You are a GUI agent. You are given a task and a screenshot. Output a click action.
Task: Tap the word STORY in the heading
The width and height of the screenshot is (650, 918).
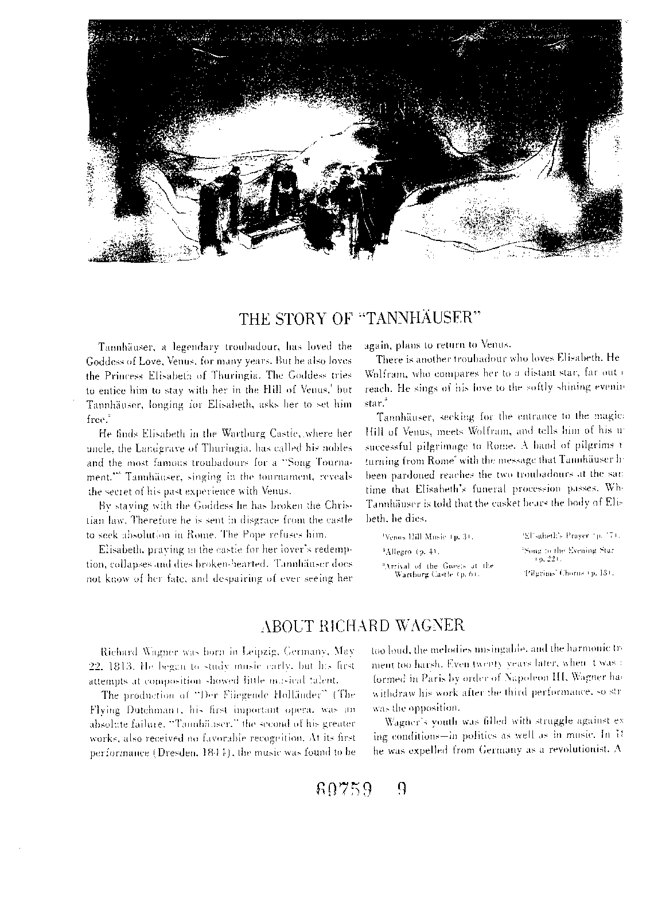(x=303, y=319)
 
